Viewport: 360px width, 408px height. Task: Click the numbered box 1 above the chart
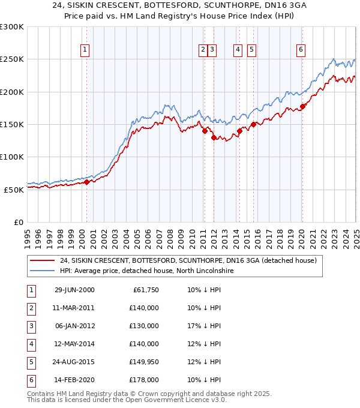pyautogui.click(x=86, y=50)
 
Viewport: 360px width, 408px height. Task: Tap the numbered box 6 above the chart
pyautogui.click(x=300, y=50)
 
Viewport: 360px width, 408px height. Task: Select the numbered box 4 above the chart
pyautogui.click(x=238, y=50)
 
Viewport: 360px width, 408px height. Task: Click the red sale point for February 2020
pyautogui.click(x=302, y=106)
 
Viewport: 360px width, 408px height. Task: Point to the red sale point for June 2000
pyautogui.click(x=87, y=182)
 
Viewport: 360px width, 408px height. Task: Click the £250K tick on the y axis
pyautogui.click(x=13, y=59)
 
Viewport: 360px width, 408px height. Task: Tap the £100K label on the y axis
pyautogui.click(x=13, y=157)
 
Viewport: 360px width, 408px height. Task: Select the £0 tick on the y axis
pyautogui.click(x=18, y=222)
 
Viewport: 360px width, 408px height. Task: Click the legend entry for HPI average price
pyautogui.click(x=146, y=271)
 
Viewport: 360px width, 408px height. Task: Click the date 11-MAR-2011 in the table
pyautogui.click(x=74, y=308)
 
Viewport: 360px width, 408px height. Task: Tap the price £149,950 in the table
pyautogui.click(x=144, y=362)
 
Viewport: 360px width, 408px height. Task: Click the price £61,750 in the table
pyautogui.click(x=146, y=290)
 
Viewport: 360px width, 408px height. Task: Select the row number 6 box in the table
pyautogui.click(x=30, y=380)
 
